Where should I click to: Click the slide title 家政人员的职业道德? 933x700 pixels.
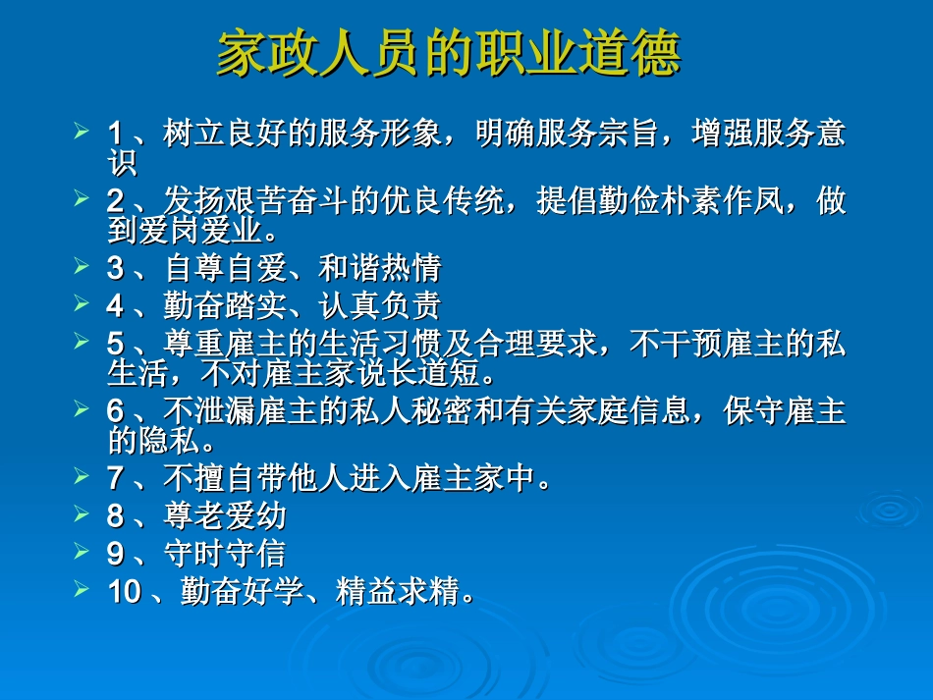coord(448,55)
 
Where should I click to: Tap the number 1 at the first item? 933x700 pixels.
coord(115,133)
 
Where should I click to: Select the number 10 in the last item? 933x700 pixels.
coord(124,591)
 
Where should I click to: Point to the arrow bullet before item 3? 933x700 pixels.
coord(82,264)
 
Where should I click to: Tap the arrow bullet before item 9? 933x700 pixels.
coord(82,550)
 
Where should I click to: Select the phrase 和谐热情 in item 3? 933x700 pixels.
coord(380,267)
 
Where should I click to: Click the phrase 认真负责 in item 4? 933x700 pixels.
coord(380,305)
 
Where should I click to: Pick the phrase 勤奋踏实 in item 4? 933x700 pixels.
coord(224,305)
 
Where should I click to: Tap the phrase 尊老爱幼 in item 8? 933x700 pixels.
coord(224,515)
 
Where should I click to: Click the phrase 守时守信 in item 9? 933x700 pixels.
coord(224,554)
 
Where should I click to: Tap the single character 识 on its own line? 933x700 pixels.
coord(121,160)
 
